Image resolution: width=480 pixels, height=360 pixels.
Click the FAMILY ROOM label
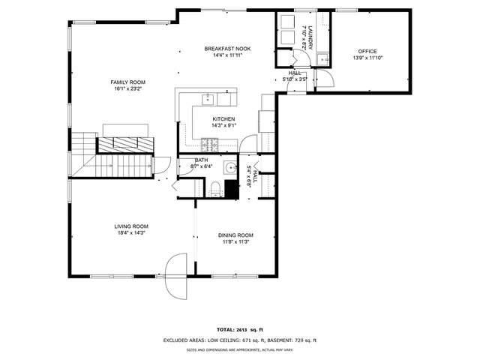coord(127,82)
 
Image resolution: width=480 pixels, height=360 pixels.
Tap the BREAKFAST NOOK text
coord(227,49)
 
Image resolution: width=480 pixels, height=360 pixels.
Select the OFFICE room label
coord(367,51)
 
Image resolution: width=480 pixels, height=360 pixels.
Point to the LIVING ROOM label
coord(131,226)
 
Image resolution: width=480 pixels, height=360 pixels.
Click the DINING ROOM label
coord(235,235)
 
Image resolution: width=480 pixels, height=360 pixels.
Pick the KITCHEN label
coord(223,119)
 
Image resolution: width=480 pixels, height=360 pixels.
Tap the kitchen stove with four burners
coord(214,143)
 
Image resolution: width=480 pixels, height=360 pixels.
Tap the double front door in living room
coord(175,274)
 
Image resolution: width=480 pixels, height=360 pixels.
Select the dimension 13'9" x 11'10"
coord(367,58)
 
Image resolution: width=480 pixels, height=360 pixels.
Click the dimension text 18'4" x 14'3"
coord(131,232)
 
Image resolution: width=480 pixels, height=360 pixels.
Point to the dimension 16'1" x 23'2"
coord(127,88)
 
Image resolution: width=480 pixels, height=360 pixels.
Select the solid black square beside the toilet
coord(232,189)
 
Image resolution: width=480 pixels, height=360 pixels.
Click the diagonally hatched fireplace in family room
coord(125,145)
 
